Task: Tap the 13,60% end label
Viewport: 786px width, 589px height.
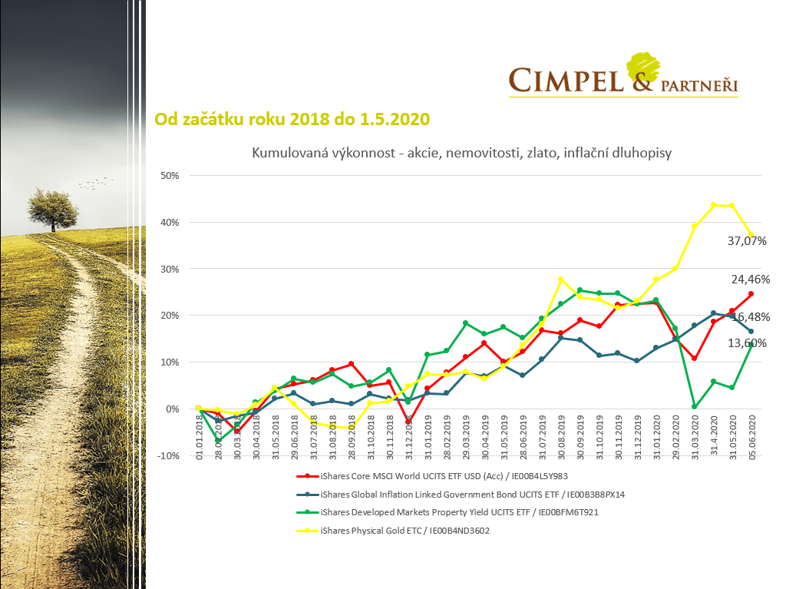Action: [747, 343]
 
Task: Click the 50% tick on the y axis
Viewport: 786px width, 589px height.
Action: [170, 176]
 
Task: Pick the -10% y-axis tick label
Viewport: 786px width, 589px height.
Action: [168, 455]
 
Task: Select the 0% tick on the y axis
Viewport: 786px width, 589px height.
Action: [173, 409]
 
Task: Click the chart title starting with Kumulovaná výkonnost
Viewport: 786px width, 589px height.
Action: [461, 153]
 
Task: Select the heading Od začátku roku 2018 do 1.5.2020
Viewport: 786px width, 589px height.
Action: [292, 119]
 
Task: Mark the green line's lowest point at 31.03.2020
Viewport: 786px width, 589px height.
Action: [694, 406]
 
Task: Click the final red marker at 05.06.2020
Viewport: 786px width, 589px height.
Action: [751, 294]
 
